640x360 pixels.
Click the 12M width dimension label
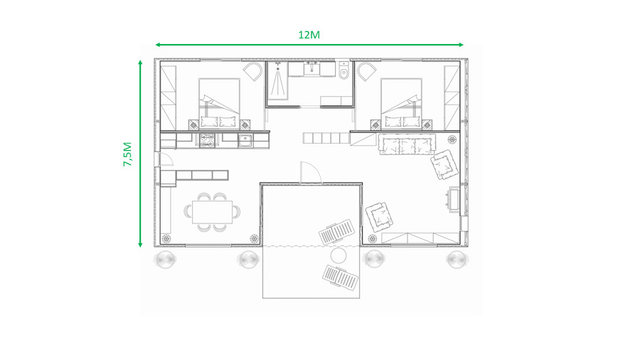309,35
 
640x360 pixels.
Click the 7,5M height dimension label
128,154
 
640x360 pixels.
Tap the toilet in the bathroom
344,71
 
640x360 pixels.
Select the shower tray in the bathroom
278,81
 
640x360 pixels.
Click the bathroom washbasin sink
312,68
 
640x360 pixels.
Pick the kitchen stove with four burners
207,140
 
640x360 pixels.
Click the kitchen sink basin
245,140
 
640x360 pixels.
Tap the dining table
212,212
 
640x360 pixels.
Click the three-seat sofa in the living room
407,144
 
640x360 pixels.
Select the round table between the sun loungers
338,256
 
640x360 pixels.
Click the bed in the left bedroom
219,104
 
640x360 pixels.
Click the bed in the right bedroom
401,104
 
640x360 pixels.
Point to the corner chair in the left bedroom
253,71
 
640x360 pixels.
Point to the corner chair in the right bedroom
366,71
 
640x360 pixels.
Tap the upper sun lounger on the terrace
337,232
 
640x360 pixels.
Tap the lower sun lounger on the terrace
341,277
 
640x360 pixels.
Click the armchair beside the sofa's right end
444,164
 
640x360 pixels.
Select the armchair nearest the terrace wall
380,217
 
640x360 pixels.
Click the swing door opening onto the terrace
311,173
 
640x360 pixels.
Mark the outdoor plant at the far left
166,259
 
